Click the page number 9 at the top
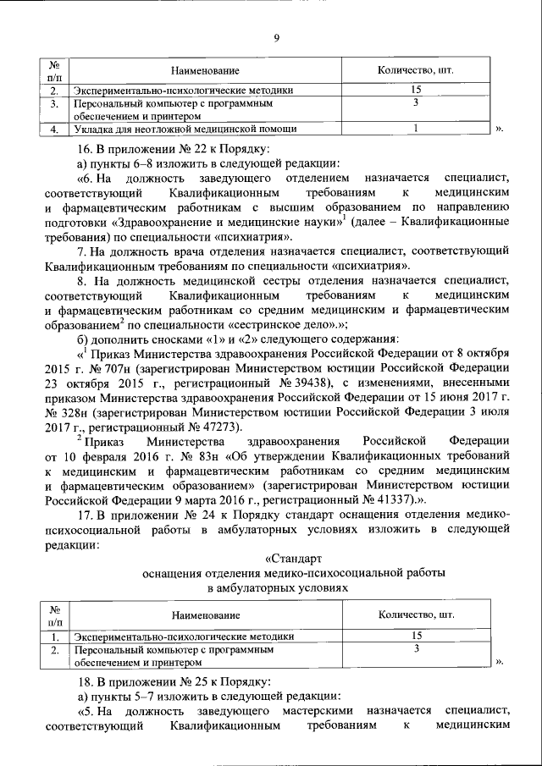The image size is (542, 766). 277,36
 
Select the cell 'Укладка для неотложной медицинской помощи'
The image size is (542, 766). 185,129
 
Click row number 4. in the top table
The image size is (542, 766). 53,129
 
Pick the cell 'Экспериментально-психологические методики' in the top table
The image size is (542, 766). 185,90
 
